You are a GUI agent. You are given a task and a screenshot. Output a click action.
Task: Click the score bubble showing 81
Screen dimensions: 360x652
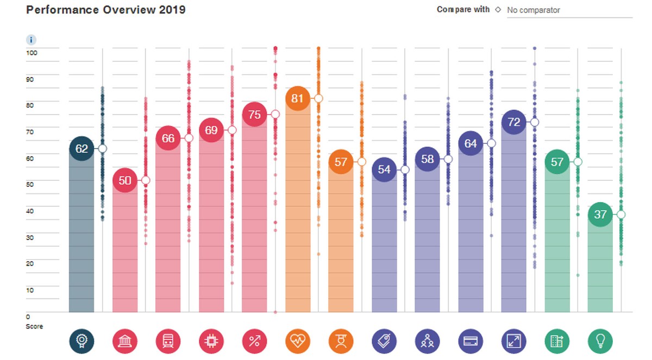(297, 98)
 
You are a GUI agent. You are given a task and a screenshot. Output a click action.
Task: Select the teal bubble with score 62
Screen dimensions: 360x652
(81, 148)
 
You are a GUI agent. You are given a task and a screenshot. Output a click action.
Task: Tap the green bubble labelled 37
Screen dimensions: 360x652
(600, 214)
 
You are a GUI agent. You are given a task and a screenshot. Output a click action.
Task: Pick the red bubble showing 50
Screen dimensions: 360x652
(125, 180)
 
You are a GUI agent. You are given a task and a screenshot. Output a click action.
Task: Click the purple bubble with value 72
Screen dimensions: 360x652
(513, 122)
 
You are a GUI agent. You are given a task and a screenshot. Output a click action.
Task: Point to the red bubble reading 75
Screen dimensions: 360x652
(254, 115)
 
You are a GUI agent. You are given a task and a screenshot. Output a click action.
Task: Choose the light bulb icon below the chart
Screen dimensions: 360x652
(600, 341)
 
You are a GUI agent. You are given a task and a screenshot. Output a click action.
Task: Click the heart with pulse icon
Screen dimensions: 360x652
(297, 341)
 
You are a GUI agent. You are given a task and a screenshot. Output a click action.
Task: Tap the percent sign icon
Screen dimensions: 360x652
(254, 341)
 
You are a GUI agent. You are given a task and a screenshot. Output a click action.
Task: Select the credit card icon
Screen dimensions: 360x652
(470, 341)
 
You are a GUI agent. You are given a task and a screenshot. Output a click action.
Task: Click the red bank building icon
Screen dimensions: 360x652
(125, 341)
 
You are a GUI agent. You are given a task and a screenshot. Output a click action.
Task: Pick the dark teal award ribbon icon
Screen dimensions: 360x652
(81, 341)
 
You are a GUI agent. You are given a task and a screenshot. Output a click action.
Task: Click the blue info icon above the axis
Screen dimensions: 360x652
(32, 40)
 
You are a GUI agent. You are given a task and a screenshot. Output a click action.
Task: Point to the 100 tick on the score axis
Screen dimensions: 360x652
(32, 53)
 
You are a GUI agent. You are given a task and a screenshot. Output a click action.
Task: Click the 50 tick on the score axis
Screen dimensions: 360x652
(30, 185)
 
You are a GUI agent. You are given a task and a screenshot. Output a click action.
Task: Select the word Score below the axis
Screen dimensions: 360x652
(34, 326)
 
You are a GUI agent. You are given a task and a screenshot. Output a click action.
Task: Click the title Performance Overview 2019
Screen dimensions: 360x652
(106, 10)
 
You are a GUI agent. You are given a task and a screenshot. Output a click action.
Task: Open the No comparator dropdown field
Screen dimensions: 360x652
(569, 10)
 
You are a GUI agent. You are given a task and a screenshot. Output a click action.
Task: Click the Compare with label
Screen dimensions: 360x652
(463, 10)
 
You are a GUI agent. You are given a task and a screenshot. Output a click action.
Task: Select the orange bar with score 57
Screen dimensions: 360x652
(341, 239)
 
